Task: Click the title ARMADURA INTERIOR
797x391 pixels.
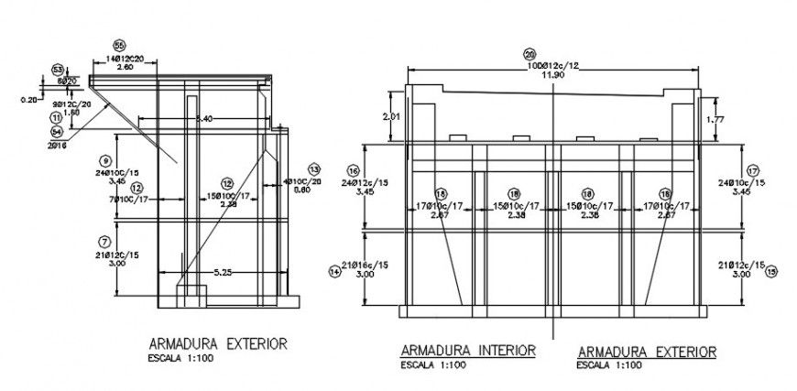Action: [467, 351]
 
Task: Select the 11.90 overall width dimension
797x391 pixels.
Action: [552, 75]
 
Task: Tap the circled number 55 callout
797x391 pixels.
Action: [119, 45]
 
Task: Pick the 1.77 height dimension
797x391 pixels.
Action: [717, 118]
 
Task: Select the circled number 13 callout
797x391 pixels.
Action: [314, 169]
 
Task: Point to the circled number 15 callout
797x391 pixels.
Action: [771, 271]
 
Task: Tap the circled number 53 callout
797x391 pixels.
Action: [58, 70]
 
